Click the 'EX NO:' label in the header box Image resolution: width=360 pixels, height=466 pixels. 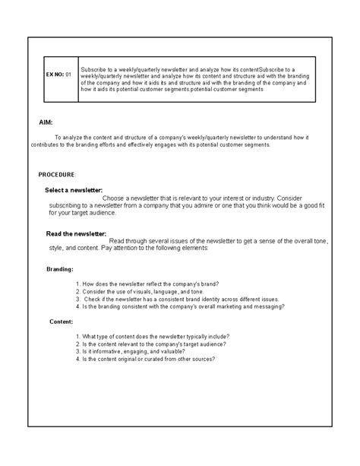pos(55,74)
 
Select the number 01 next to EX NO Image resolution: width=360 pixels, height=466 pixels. pos(68,74)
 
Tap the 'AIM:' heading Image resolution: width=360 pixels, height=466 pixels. pos(46,122)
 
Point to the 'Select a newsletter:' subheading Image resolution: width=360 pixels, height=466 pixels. pos(74,189)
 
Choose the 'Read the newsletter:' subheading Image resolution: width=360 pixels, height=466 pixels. pos(75,233)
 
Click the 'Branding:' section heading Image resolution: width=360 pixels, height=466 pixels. pos(60,268)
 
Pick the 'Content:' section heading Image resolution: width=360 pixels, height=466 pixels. pos(60,321)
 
